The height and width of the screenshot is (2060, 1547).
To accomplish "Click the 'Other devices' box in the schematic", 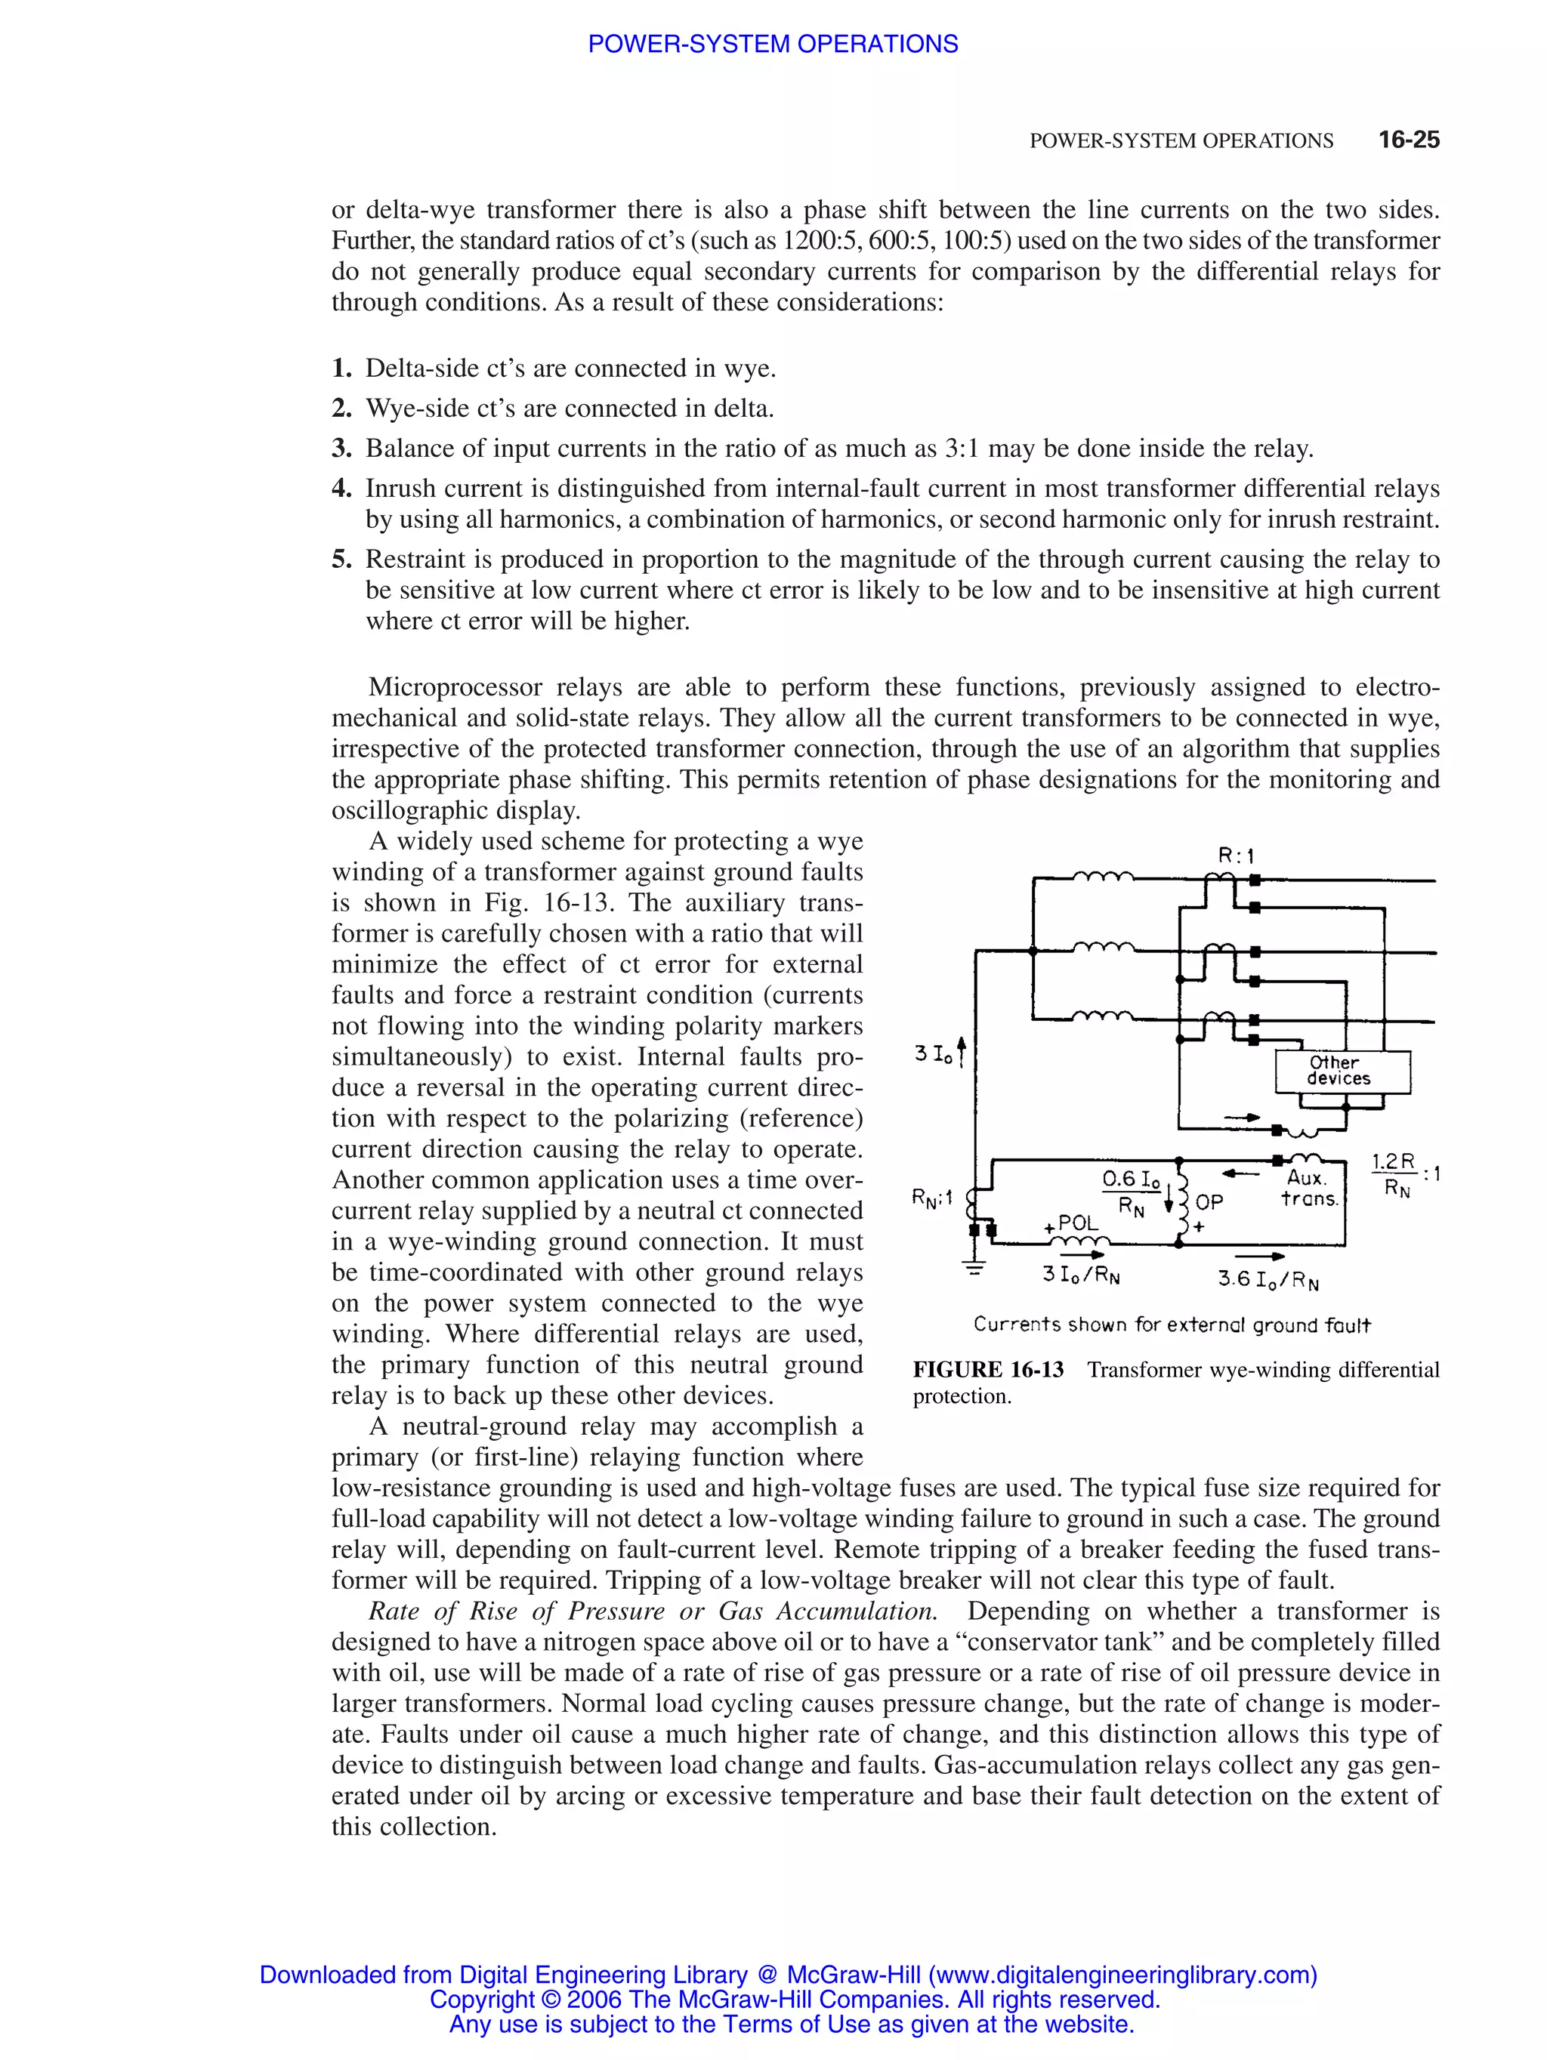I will (1342, 1071).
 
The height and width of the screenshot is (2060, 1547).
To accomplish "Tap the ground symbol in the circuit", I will (974, 1269).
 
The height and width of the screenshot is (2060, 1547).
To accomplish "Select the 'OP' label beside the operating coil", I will (1209, 1202).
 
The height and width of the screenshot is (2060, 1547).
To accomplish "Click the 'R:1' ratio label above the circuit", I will (1236, 855).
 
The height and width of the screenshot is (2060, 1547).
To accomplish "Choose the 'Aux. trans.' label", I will (1308, 1189).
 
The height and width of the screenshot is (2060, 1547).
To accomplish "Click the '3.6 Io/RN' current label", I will (1268, 1281).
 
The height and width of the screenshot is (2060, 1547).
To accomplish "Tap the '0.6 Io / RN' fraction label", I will (1132, 1192).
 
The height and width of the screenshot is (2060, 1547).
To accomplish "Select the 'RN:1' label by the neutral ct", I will (931, 1198).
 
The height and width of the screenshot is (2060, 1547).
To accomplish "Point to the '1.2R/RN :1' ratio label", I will (1403, 1174).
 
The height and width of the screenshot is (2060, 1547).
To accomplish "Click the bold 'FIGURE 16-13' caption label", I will (987, 1369).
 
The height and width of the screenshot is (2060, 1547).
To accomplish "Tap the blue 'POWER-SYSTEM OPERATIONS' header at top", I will (772, 44).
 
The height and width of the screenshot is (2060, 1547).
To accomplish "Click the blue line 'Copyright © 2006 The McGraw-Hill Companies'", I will (795, 1999).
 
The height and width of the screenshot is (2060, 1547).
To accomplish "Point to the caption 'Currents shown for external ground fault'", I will (1172, 1325).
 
